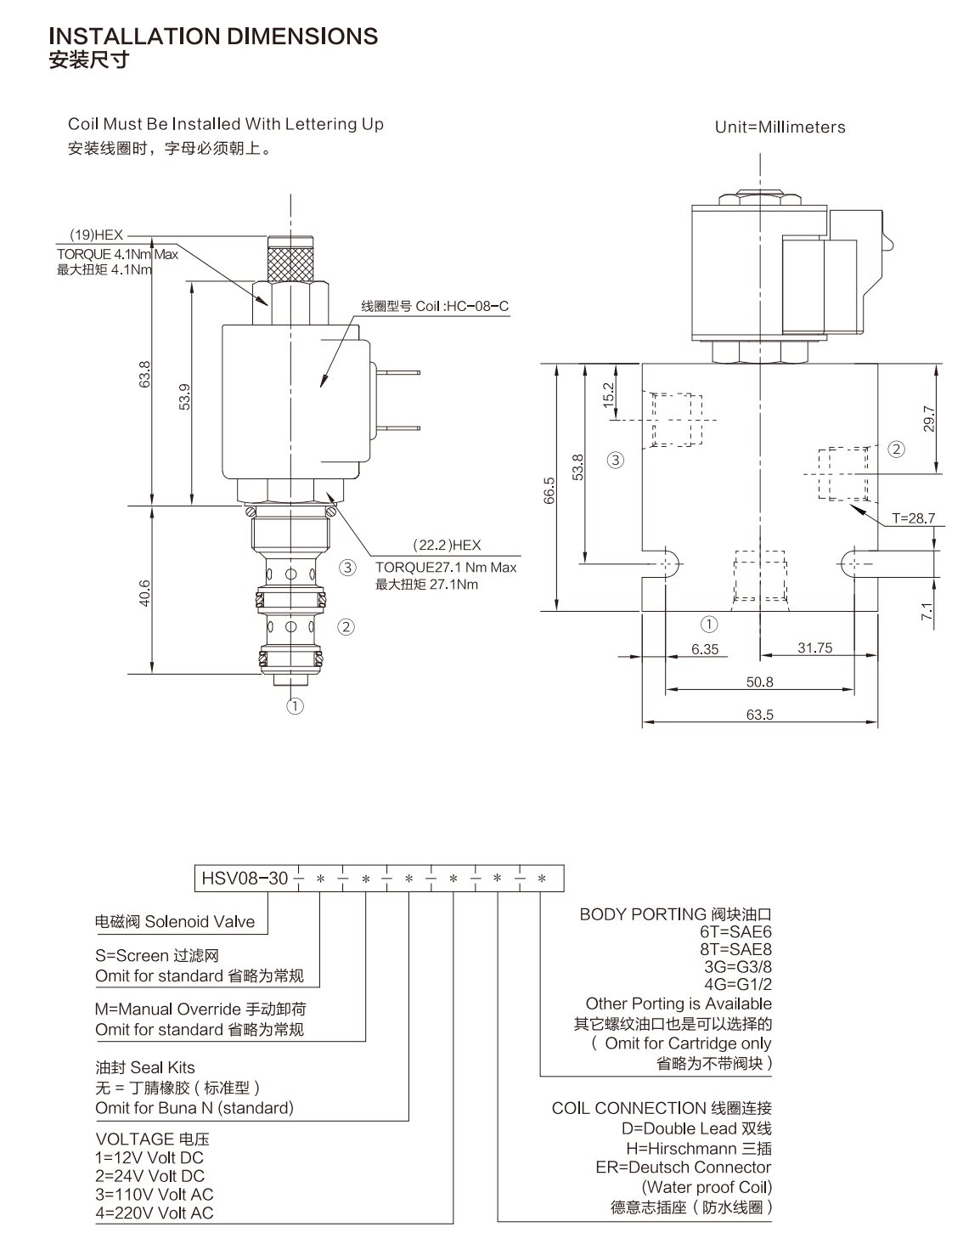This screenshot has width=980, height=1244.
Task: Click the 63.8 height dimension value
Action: coord(144,374)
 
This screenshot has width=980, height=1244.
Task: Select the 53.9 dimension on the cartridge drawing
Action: coord(184,397)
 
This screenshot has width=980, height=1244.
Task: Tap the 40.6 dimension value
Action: coord(144,593)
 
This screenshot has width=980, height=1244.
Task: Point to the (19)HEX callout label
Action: coord(97,235)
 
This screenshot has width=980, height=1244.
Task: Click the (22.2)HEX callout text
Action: coord(447,546)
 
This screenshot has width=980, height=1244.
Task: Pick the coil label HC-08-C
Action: coord(478,306)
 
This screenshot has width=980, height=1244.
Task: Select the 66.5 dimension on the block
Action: coord(549,490)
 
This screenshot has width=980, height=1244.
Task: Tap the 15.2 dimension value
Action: coord(608,395)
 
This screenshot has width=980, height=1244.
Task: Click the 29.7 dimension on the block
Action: coord(928,419)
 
